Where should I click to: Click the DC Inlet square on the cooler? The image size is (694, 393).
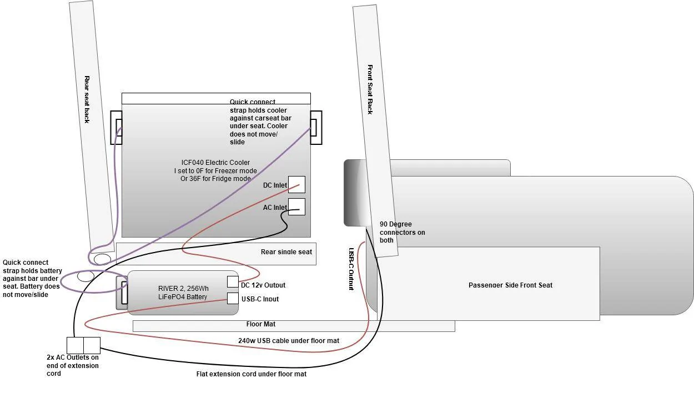click(x=296, y=185)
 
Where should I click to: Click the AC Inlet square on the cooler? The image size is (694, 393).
click(x=296, y=206)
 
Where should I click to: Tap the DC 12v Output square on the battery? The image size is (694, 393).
click(x=233, y=282)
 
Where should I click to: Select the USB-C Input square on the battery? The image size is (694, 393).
click(x=233, y=298)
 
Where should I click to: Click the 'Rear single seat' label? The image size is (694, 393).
click(x=286, y=252)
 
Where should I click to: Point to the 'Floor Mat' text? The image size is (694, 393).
click(x=260, y=324)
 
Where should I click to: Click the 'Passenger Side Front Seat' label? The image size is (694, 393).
click(x=510, y=285)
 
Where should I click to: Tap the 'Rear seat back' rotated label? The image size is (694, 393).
click(x=87, y=99)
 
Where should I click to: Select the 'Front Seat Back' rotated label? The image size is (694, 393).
click(x=370, y=89)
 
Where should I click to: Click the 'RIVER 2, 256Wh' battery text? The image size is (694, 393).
click(x=183, y=289)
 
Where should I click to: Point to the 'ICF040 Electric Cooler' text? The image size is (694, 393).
click(x=215, y=163)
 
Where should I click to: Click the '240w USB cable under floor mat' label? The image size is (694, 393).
click(x=289, y=341)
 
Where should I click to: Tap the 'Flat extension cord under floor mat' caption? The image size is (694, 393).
click(x=252, y=374)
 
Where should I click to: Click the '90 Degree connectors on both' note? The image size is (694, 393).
click(x=402, y=232)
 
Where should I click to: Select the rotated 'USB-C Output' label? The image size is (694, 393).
click(x=351, y=269)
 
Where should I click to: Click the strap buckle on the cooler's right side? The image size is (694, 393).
click(x=316, y=128)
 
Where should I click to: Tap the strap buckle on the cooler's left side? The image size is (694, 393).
click(x=117, y=128)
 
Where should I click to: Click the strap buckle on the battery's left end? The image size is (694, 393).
click(x=122, y=293)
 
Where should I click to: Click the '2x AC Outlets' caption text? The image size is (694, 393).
click(x=73, y=357)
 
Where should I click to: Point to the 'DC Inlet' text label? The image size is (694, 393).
click(x=275, y=185)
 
